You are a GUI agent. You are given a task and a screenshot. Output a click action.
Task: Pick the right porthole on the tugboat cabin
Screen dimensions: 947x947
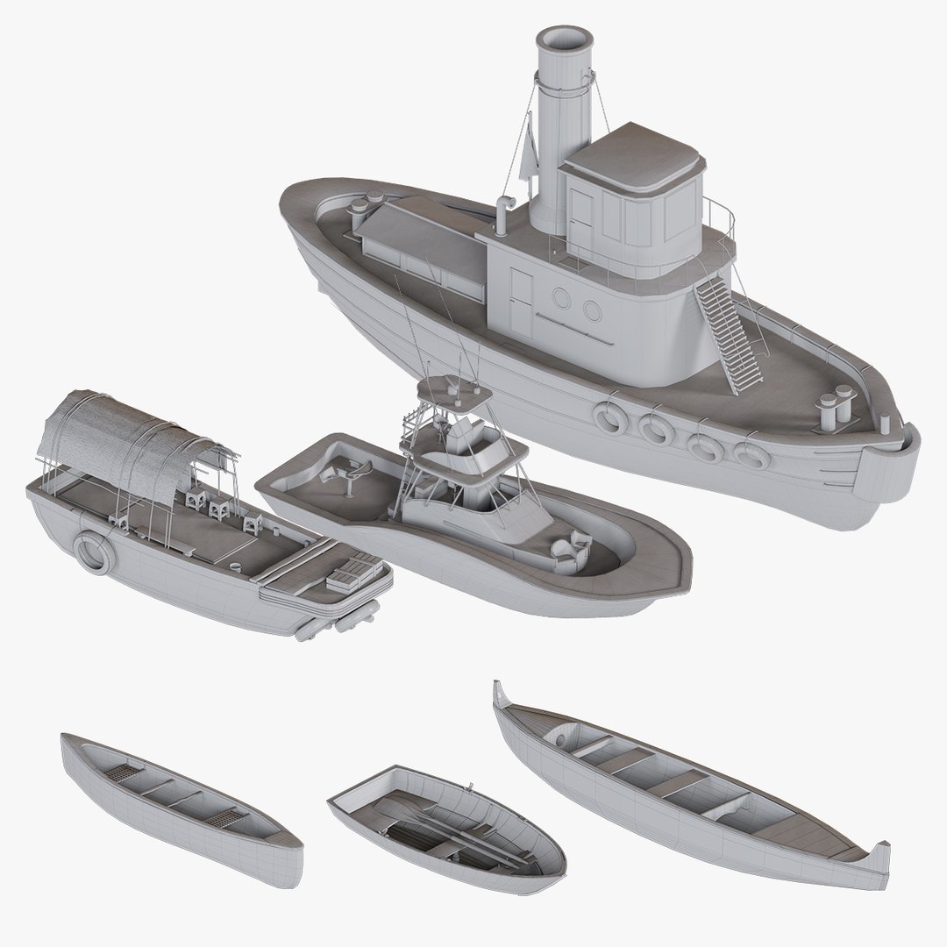point(593,310)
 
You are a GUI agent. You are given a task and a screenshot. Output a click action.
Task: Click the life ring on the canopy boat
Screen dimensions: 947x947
point(91,552)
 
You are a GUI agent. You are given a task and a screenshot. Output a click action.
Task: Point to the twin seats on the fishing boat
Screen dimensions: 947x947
point(569,547)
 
